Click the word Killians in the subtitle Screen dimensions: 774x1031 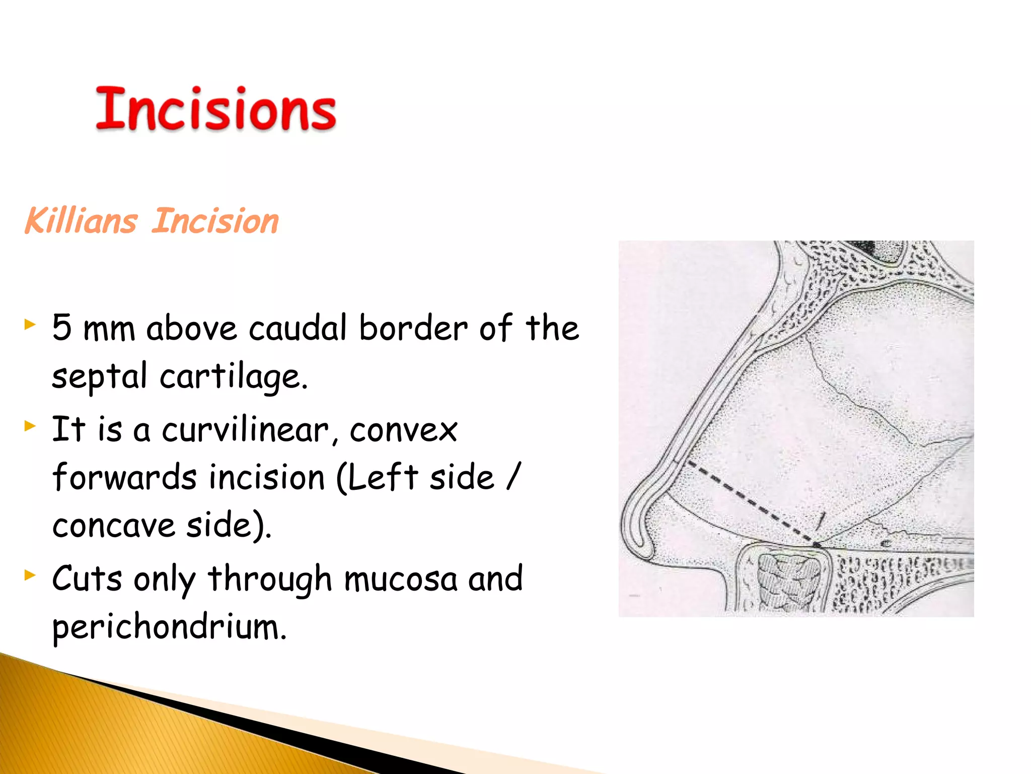click(x=81, y=221)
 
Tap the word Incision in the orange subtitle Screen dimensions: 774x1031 click(x=215, y=221)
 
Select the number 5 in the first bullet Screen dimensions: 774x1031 click(x=61, y=328)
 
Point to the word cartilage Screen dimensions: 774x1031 click(x=233, y=377)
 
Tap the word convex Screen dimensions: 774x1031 click(x=403, y=430)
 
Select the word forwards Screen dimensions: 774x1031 click(x=124, y=477)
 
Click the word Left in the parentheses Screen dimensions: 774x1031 click(x=382, y=477)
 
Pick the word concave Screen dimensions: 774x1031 click(x=114, y=526)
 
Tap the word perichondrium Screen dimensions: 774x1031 click(x=169, y=627)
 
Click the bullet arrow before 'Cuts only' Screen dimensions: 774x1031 click(x=30, y=574)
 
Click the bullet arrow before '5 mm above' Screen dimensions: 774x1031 click(x=30, y=324)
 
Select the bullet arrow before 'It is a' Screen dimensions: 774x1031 click(x=30, y=426)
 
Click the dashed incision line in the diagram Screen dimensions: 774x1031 click(x=750, y=501)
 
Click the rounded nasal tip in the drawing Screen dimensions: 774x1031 click(x=635, y=524)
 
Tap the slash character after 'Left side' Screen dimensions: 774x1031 click(x=513, y=476)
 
